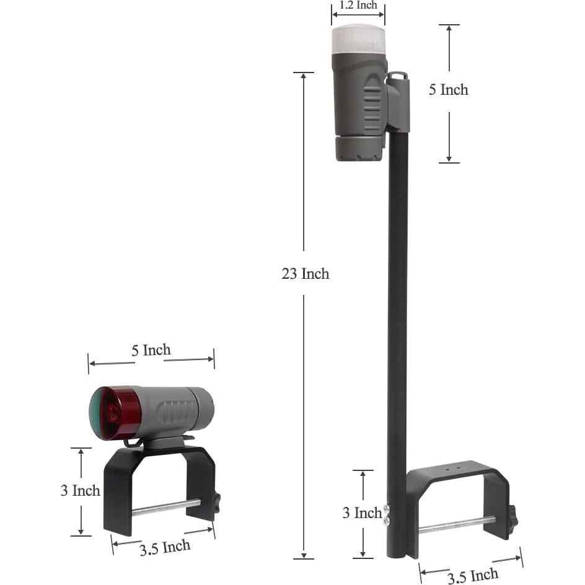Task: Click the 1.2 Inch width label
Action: (x=358, y=6)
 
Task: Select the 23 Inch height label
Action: (x=305, y=273)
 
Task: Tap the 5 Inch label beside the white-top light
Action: (x=448, y=90)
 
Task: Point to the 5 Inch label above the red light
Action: (x=151, y=350)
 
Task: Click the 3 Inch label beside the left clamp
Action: (x=80, y=491)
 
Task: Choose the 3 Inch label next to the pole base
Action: (x=363, y=513)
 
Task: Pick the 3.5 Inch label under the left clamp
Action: (x=164, y=547)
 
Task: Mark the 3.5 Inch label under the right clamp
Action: (x=472, y=576)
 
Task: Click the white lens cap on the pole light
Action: (x=358, y=38)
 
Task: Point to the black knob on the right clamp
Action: (x=512, y=517)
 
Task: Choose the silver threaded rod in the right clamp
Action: (x=455, y=524)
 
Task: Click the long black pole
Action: (x=397, y=310)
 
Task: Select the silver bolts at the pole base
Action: (x=387, y=515)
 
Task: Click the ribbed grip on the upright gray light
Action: (x=372, y=102)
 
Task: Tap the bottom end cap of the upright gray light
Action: (x=358, y=149)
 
